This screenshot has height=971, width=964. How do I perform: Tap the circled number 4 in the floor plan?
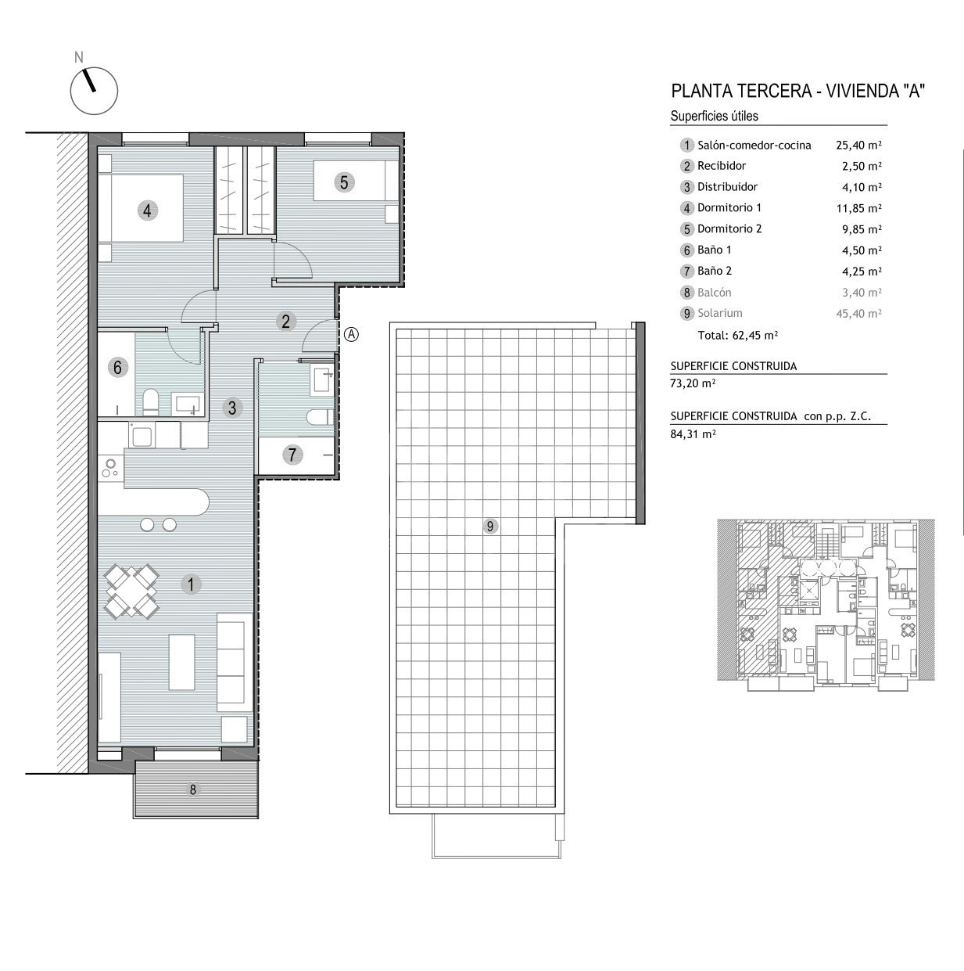147,210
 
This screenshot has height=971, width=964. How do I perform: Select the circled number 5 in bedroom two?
344,182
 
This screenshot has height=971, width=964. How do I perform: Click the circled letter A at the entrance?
352,334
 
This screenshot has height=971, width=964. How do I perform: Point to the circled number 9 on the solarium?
490,527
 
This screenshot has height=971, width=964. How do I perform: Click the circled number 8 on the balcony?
193,789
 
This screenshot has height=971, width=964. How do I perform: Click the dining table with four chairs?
131,591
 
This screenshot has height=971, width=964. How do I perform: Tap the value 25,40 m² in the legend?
858,145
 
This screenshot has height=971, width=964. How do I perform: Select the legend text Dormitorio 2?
729,228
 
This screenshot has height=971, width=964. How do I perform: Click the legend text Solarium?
720,313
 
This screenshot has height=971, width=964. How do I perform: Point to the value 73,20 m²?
693,383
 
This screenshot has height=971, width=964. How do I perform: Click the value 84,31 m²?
693,433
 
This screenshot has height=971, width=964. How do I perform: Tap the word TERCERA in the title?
774,91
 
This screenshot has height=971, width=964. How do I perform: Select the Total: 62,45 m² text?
738,335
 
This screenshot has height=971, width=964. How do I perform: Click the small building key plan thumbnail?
826,605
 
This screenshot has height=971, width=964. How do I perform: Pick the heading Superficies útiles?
714,116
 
